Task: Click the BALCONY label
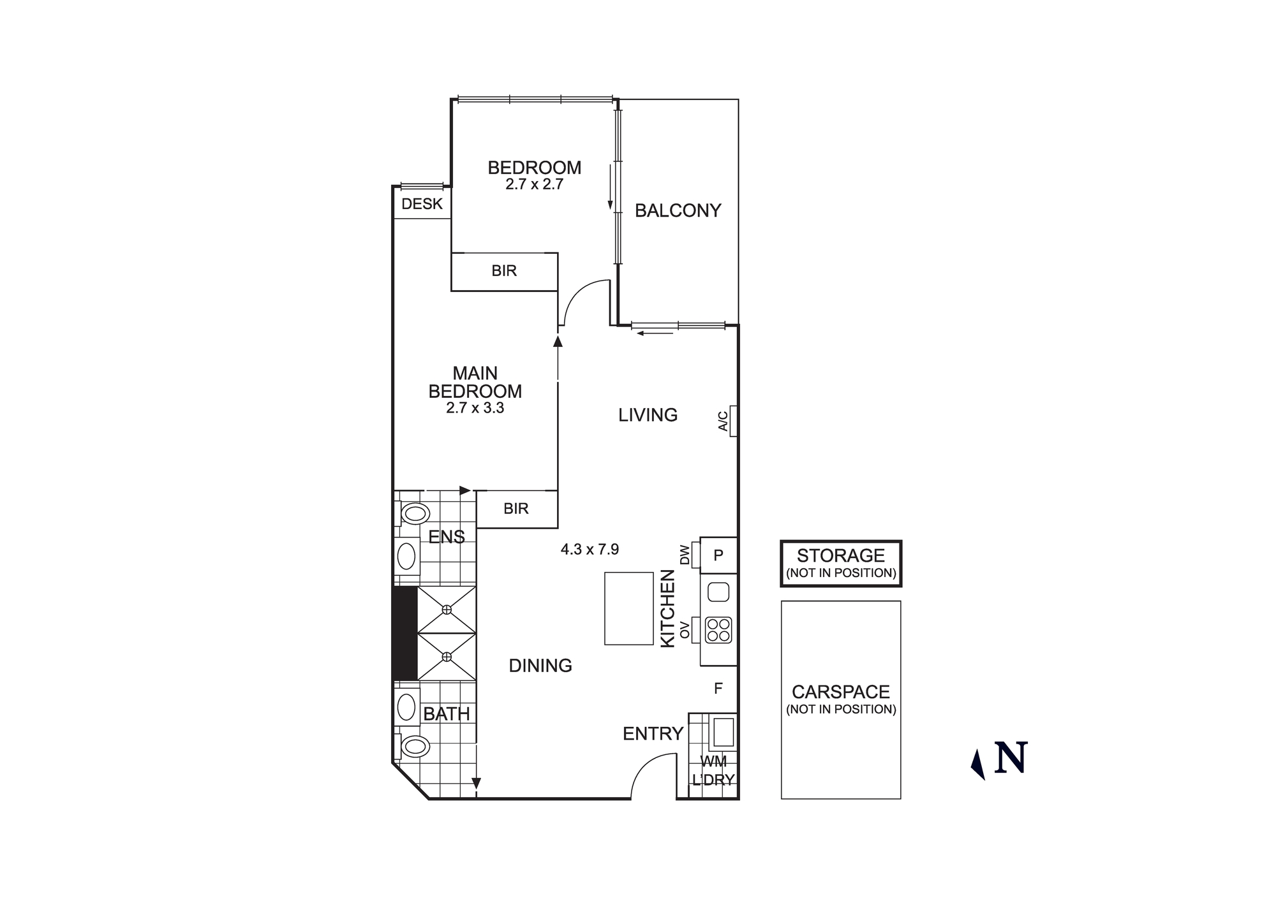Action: point(678,210)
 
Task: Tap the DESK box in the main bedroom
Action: point(422,204)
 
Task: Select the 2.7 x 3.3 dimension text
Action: point(475,408)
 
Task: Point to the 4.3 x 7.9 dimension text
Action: point(590,549)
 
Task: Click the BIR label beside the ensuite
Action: point(516,509)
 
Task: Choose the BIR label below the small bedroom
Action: point(503,271)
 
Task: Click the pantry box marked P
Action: point(718,555)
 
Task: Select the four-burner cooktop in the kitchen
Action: point(718,630)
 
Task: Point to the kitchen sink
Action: point(718,592)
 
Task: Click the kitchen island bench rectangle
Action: point(628,608)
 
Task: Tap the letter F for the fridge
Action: point(718,689)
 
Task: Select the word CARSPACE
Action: point(840,692)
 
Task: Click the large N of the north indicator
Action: point(1011,758)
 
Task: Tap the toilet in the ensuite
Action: point(415,513)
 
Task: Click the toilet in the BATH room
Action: point(415,746)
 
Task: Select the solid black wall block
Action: point(404,633)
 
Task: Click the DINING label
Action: point(540,666)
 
